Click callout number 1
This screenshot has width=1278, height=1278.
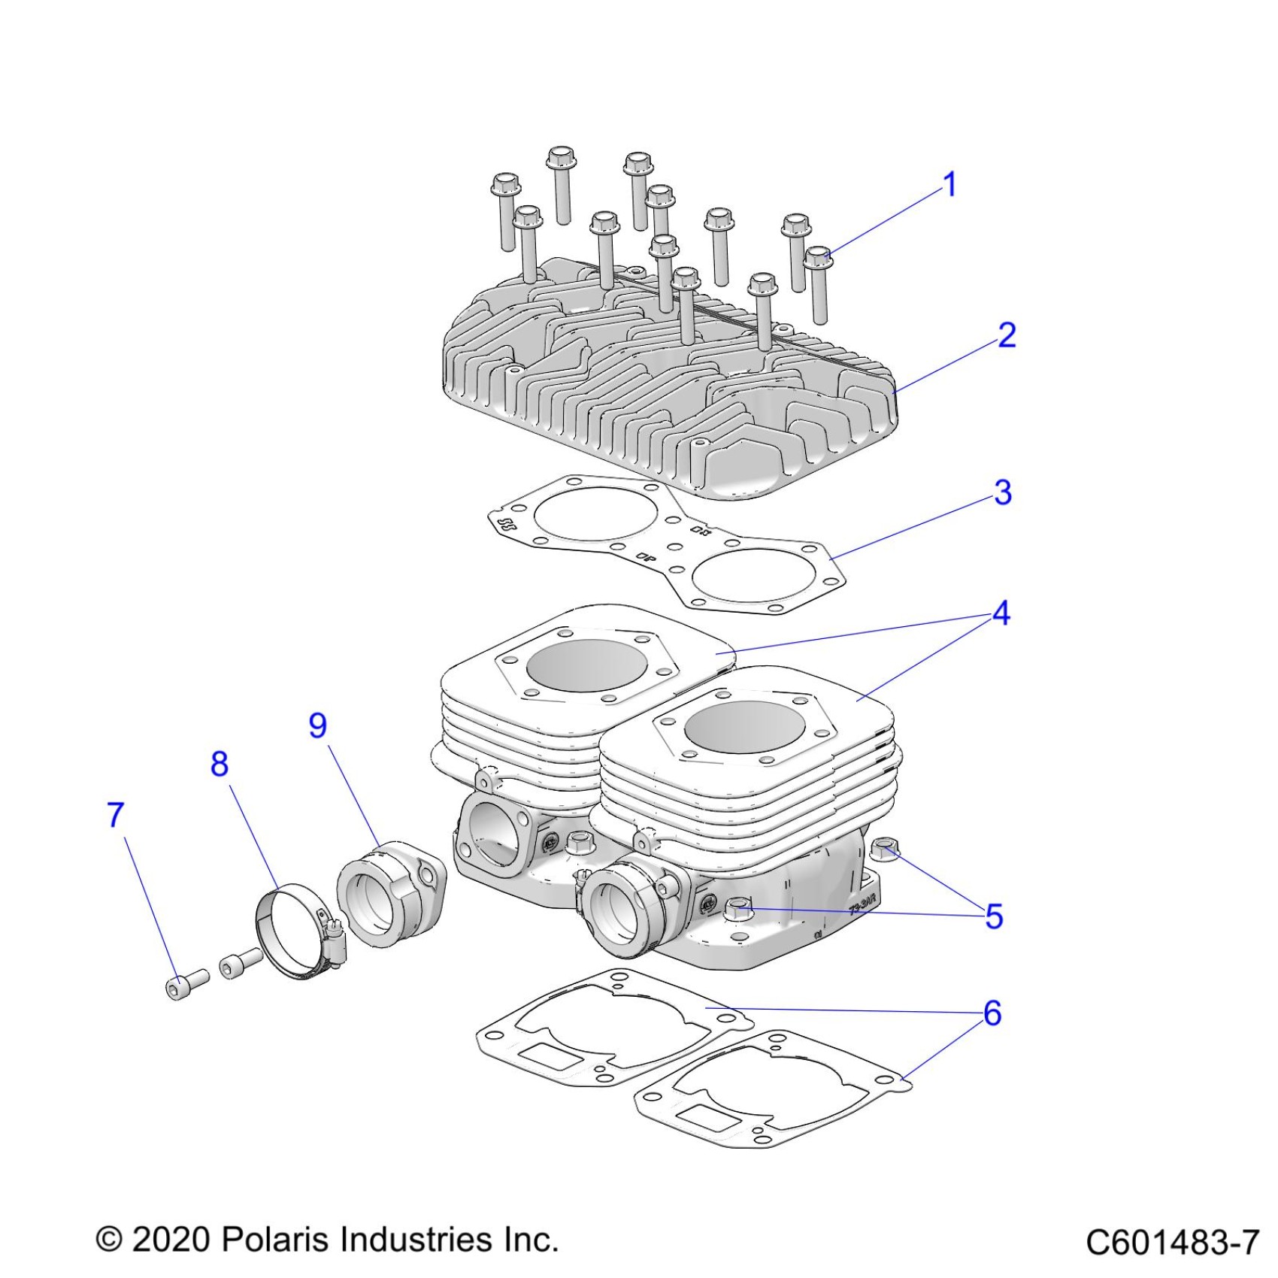[950, 185]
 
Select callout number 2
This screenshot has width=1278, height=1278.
[1007, 335]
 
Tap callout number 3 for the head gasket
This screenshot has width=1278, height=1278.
[1003, 493]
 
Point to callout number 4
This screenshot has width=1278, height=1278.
[1001, 614]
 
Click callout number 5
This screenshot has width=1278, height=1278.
[994, 916]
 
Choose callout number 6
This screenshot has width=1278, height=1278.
[992, 1013]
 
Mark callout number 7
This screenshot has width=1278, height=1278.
[115, 815]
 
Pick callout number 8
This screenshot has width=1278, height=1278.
[219, 764]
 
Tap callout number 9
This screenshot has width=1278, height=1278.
[318, 725]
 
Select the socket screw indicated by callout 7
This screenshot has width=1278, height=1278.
[186, 983]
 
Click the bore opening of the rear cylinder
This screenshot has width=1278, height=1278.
[587, 665]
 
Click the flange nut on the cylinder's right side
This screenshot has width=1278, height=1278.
[884, 852]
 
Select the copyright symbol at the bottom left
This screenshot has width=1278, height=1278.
[109, 1240]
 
